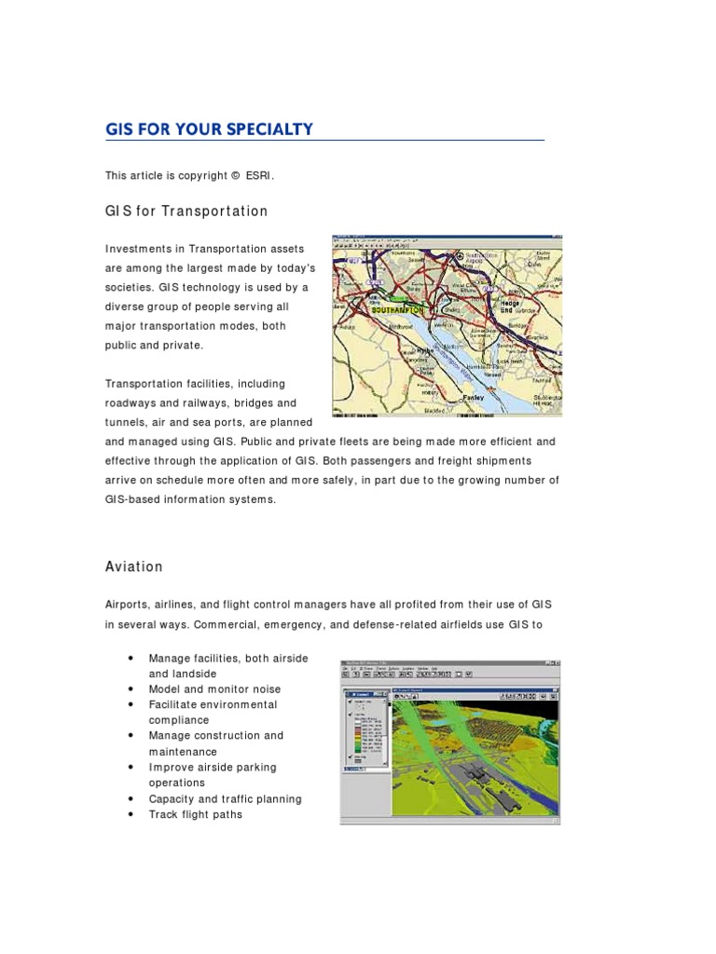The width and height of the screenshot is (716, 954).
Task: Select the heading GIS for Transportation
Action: (186, 211)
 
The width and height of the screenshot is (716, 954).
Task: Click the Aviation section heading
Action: (134, 566)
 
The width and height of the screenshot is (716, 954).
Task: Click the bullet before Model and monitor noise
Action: (129, 689)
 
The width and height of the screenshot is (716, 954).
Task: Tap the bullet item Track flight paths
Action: (195, 814)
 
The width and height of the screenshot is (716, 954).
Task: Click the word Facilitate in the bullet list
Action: (174, 704)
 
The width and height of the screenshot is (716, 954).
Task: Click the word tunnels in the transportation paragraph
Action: (126, 422)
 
